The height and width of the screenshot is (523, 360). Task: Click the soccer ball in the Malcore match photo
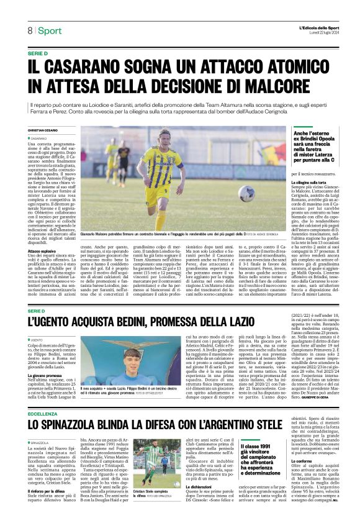tap(246, 194)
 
